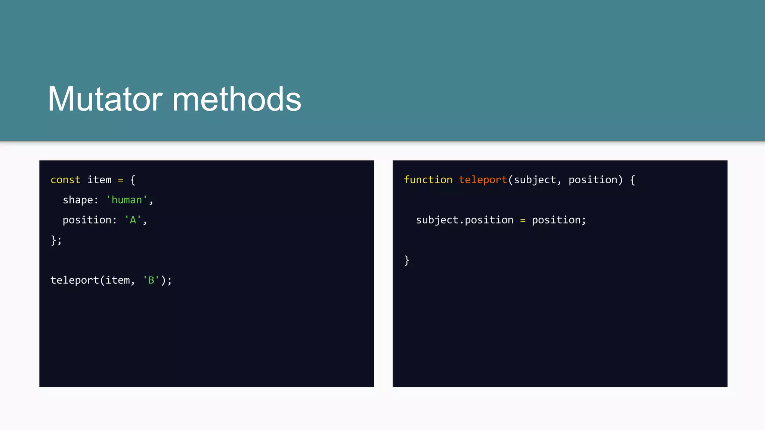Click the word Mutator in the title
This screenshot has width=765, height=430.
(x=105, y=99)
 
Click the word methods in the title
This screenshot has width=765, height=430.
(x=236, y=99)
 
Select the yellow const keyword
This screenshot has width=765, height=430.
(x=65, y=180)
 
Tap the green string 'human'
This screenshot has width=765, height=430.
(x=127, y=200)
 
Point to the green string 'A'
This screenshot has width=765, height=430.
(x=133, y=220)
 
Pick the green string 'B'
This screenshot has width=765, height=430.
(x=151, y=280)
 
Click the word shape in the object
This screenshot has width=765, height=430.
(x=78, y=200)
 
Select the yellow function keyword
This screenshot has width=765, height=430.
(x=428, y=180)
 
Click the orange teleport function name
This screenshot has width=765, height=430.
(x=483, y=180)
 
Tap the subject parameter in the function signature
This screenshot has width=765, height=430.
(x=535, y=180)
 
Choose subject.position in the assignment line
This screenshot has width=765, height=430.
(x=465, y=220)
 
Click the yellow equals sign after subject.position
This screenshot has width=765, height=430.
(x=523, y=221)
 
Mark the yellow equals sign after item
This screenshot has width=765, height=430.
(x=121, y=180)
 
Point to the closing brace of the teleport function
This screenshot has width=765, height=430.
(x=407, y=260)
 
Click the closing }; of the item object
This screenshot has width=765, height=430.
(x=56, y=240)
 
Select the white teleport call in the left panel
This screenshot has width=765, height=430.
(x=74, y=280)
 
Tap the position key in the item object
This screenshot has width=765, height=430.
(x=87, y=220)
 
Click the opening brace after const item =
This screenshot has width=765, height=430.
(x=133, y=180)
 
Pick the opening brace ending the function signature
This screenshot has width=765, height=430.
(x=632, y=180)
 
